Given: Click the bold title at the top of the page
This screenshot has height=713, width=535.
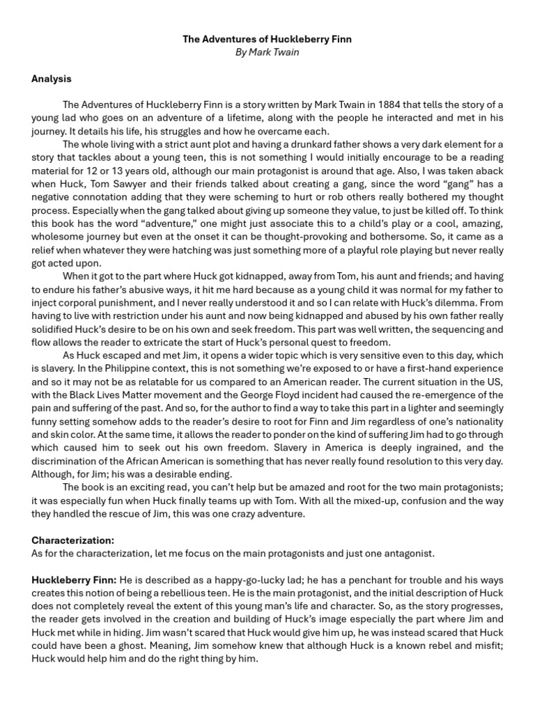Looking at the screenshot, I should click(x=267, y=40).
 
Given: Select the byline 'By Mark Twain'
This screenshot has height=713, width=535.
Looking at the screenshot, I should click(x=267, y=52).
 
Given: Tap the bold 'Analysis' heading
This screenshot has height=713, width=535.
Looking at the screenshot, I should click(x=52, y=79).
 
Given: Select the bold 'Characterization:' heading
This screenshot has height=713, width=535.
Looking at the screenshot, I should click(x=73, y=540).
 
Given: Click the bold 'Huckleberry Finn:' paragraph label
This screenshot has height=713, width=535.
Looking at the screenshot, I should click(x=74, y=580).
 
